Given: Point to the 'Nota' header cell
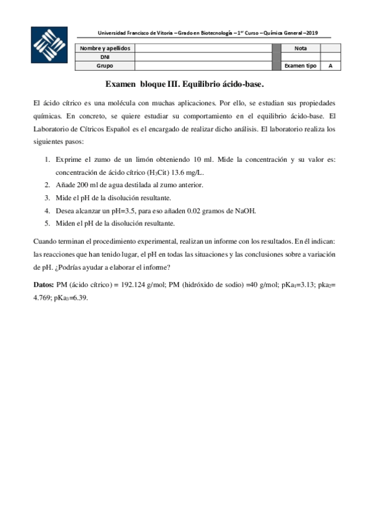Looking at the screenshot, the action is click(301, 48).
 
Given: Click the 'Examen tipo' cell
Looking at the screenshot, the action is click(301, 65).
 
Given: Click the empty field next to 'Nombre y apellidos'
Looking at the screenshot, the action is click(203, 48).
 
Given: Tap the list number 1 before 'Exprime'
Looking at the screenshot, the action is click(47, 159).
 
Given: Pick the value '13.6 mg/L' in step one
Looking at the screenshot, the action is click(185, 172).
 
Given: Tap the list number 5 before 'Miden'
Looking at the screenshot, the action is click(47, 223).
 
